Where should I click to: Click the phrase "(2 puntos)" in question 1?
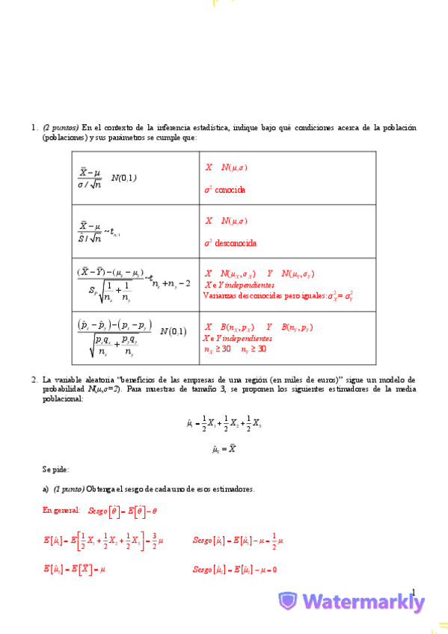[x=61, y=128]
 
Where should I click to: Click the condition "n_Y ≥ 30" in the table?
[x=254, y=348]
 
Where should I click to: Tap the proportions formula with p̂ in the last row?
[x=116, y=337]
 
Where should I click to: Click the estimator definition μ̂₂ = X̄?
[x=224, y=449]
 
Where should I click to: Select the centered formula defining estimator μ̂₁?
[x=224, y=424]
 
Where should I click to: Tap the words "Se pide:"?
[x=55, y=470]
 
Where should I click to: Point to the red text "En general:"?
[x=61, y=511]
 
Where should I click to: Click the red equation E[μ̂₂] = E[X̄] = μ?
[x=74, y=569]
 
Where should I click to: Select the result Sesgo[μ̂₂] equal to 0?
[x=234, y=569]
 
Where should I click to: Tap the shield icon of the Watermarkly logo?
[x=287, y=601]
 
